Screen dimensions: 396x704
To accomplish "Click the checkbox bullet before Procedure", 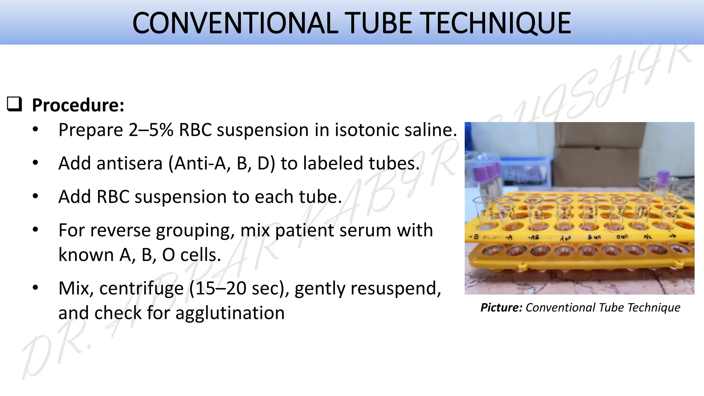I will (14, 104).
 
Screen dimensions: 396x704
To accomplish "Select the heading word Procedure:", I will (78, 105).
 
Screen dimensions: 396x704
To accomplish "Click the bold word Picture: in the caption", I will (501, 308).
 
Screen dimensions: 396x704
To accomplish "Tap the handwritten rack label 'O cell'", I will (622, 237).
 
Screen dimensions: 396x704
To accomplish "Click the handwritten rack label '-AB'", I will (533, 238).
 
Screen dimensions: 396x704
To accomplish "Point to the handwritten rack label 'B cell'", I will (594, 237).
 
